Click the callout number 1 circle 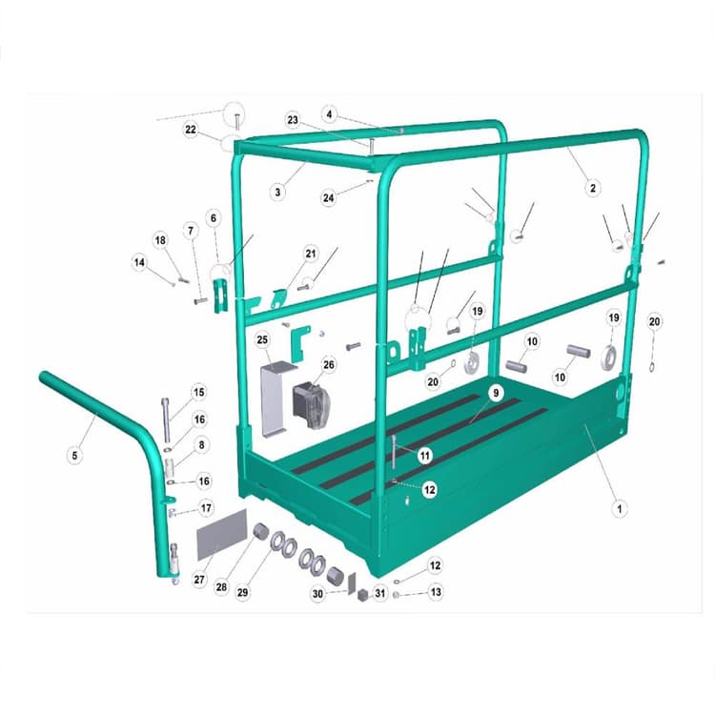tap(621, 509)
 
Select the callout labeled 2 tap(592, 189)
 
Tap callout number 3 tap(277, 192)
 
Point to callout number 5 tap(73, 456)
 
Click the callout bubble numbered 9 tap(495, 393)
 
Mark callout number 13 tap(436, 592)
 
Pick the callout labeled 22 tap(191, 130)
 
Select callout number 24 tap(328, 198)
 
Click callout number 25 tap(262, 339)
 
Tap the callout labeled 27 tap(199, 579)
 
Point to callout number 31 tap(380, 593)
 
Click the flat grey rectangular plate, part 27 tap(221, 541)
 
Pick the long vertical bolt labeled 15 tap(167, 418)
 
